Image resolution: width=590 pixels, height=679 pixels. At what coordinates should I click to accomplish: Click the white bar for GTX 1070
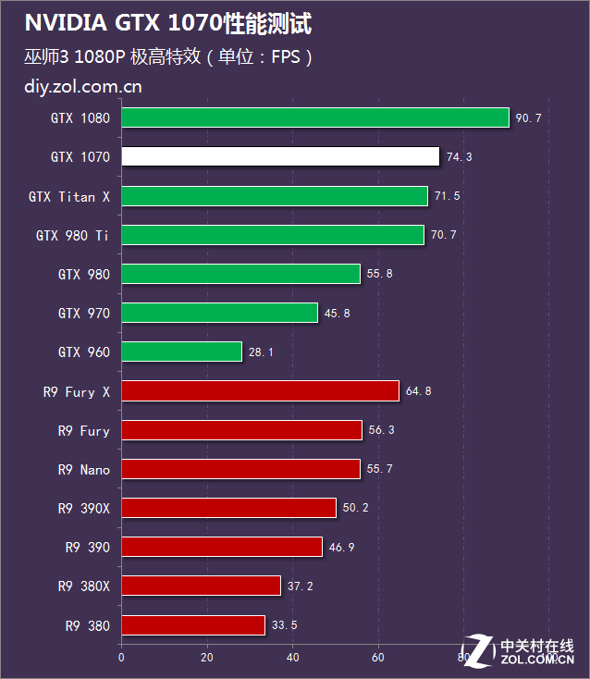(280, 156)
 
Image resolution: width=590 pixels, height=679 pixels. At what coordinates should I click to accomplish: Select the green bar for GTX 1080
(315, 117)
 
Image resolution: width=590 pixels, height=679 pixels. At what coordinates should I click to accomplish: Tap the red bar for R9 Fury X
(261, 391)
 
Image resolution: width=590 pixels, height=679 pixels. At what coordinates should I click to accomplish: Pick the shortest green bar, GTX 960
(182, 352)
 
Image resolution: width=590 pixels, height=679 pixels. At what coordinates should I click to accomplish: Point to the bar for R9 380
(193, 625)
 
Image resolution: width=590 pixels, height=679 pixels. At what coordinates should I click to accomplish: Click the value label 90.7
(529, 118)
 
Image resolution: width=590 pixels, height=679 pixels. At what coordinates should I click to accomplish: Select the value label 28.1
(261, 352)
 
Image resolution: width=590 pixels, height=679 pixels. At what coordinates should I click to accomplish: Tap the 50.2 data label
(355, 508)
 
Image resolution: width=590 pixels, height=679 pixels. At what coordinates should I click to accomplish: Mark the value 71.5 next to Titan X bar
(448, 196)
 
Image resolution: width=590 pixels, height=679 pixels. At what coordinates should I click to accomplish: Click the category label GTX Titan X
(69, 197)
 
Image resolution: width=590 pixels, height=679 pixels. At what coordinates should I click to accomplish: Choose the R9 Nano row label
(84, 470)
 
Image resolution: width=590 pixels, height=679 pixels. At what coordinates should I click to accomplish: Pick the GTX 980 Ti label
(72, 236)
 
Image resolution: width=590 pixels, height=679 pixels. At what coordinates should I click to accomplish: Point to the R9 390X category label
(84, 509)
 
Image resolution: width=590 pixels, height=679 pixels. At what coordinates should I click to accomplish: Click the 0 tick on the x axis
(121, 658)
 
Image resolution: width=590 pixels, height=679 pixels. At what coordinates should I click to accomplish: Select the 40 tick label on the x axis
(292, 658)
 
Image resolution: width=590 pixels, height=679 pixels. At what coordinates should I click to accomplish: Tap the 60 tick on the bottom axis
(378, 658)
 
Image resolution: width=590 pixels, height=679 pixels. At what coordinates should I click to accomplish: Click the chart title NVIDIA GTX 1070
(124, 23)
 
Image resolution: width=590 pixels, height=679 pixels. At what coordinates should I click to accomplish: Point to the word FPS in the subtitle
(286, 56)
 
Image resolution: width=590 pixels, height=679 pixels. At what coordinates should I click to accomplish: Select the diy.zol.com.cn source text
(83, 87)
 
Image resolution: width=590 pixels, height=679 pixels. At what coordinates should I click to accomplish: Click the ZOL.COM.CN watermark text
(537, 660)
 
